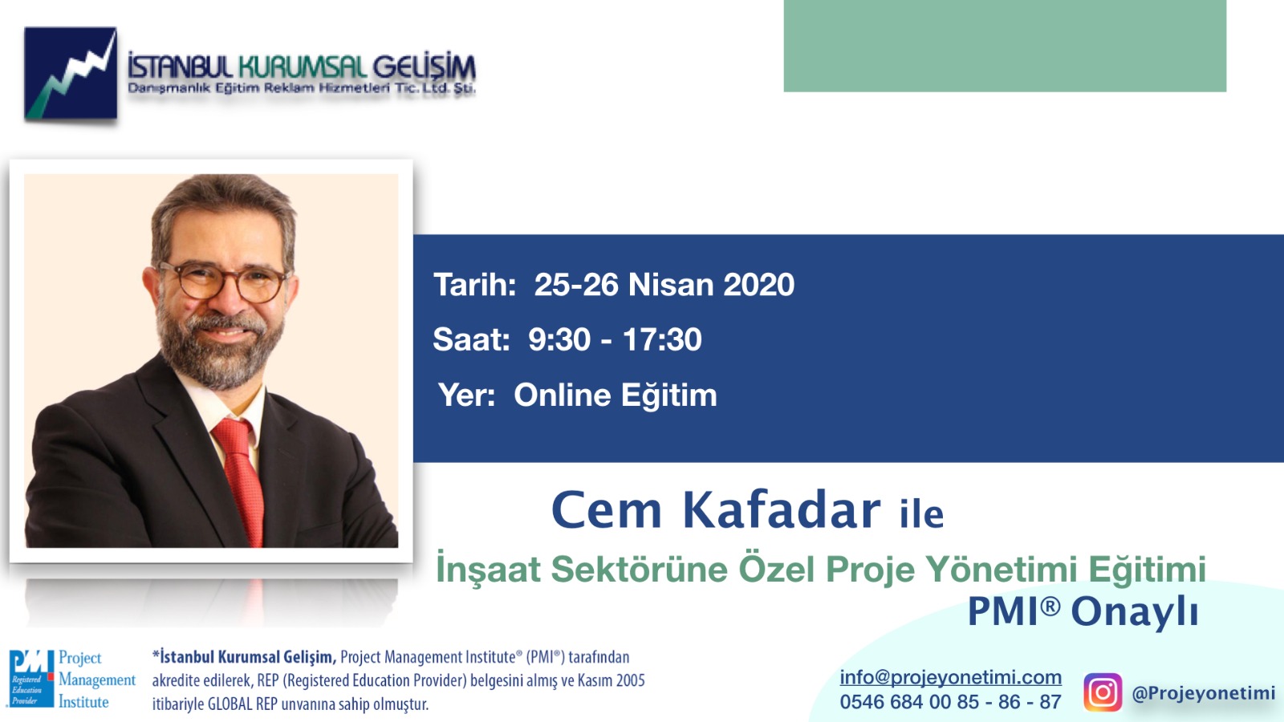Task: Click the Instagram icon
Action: point(1103,692)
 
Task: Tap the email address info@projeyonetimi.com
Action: point(950,677)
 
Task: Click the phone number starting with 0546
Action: point(950,702)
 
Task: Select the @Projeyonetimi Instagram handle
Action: point(1204,693)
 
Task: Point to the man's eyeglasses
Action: point(224,282)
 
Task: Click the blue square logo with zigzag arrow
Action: point(71,73)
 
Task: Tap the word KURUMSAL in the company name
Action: point(302,67)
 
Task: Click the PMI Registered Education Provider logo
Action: point(72,679)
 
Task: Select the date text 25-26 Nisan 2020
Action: point(664,285)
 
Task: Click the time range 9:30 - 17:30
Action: point(615,339)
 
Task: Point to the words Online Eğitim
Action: point(615,395)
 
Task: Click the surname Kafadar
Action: point(782,509)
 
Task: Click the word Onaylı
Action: point(1135,613)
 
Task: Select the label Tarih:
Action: point(474,285)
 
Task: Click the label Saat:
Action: point(471,339)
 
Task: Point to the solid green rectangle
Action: point(1005,46)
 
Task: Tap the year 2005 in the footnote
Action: point(630,681)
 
